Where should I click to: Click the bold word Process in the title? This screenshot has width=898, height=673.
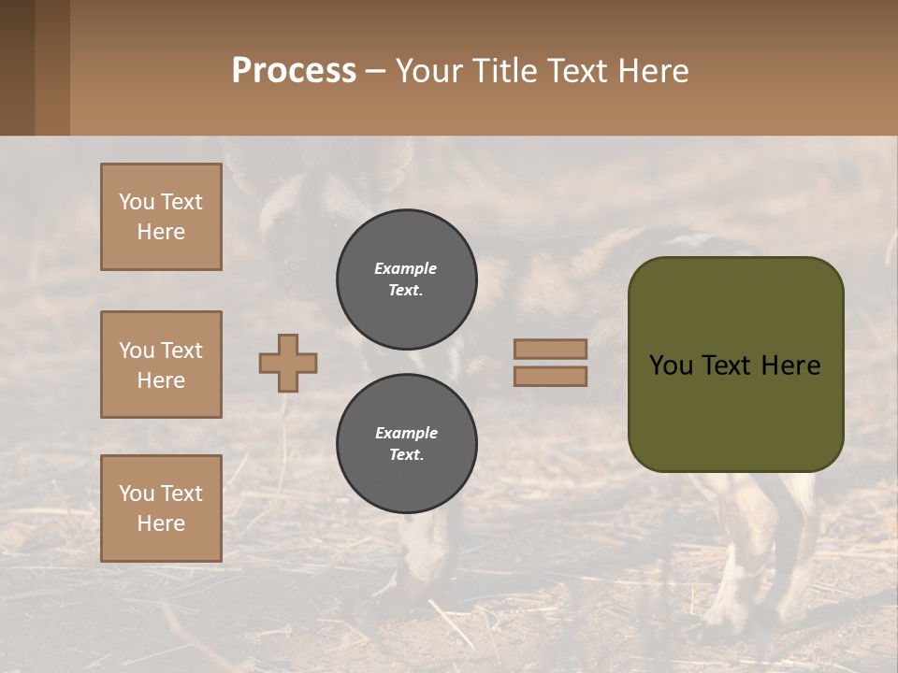(294, 71)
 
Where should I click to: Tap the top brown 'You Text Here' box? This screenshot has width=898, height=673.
(161, 217)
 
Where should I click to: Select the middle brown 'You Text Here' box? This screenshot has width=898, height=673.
(161, 365)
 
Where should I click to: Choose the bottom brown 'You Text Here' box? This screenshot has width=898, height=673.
(161, 508)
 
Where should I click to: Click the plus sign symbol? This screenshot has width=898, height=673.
(288, 363)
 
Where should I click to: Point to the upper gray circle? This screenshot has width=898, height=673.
(406, 279)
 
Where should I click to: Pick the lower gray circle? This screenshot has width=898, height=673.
(406, 444)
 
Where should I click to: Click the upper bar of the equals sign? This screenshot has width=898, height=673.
(550, 349)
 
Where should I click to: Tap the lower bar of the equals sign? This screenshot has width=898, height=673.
(550, 376)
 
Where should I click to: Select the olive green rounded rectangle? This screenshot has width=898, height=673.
(735, 411)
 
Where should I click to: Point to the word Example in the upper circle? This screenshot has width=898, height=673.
(405, 268)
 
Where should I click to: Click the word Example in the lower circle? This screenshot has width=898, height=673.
(406, 433)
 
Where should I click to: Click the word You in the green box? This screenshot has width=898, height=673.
(671, 365)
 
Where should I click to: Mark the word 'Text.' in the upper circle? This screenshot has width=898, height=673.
(405, 291)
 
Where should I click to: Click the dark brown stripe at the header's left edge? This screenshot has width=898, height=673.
(17, 67)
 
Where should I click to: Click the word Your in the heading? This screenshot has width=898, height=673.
(431, 71)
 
